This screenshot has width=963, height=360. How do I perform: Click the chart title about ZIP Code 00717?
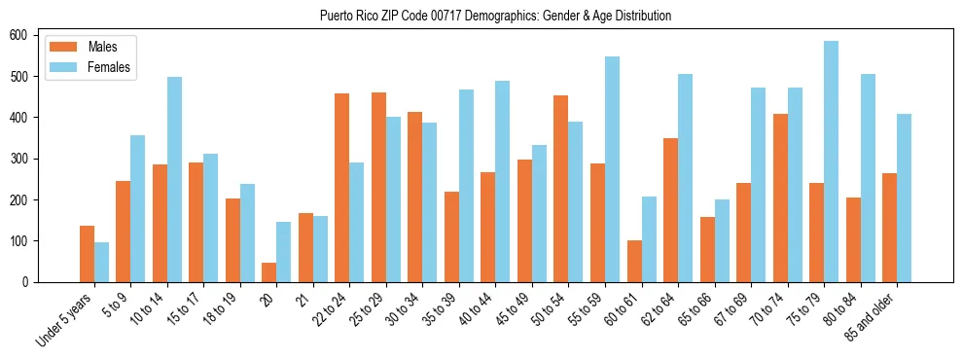point(495,17)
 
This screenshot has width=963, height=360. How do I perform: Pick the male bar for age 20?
point(268,272)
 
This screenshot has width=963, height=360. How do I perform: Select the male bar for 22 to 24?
point(341,188)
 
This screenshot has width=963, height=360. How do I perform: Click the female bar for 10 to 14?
point(174,179)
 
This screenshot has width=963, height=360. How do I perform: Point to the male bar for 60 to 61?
point(634,261)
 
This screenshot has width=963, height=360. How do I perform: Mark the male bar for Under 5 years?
point(87,254)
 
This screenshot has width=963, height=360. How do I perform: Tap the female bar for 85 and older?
point(904,198)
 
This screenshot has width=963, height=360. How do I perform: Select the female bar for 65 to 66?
point(722,240)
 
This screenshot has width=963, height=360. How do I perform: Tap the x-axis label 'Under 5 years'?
point(64,318)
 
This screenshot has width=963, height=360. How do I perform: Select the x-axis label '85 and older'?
point(871,316)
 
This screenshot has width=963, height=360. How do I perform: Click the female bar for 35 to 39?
point(466,186)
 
